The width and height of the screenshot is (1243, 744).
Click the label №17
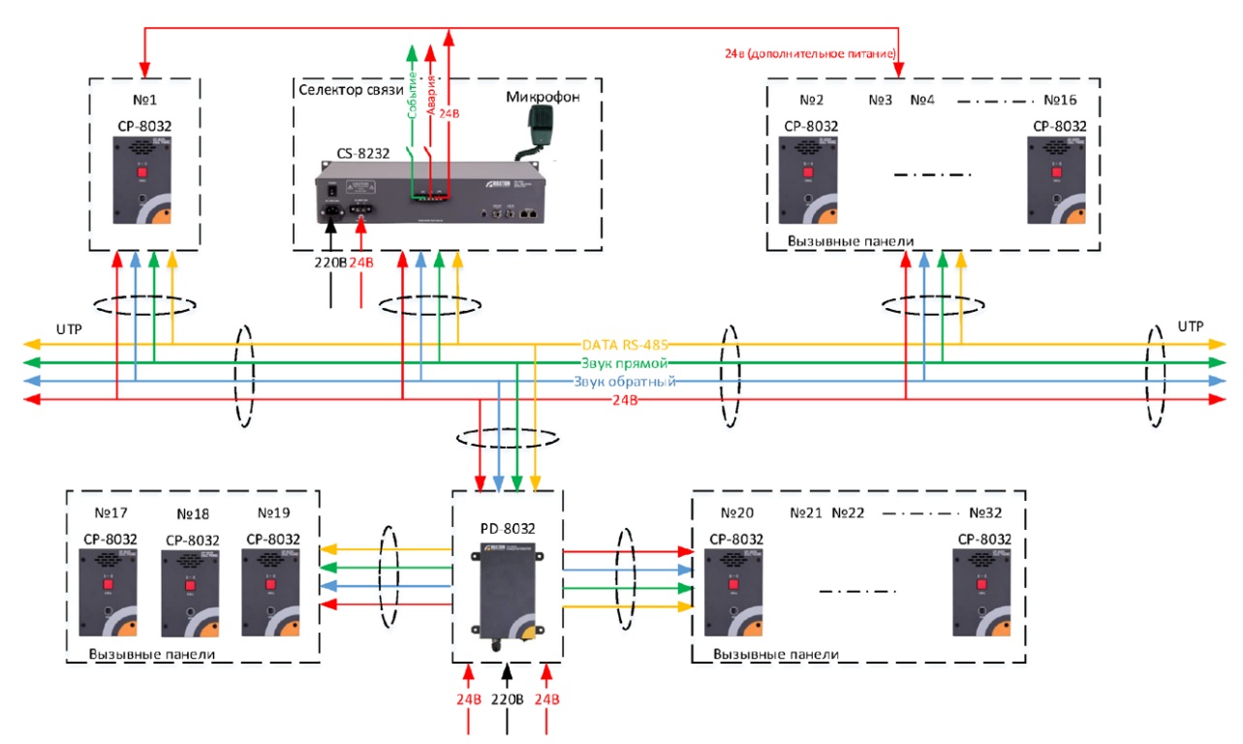[x=111, y=512]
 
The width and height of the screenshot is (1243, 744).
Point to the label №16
[x=1060, y=101]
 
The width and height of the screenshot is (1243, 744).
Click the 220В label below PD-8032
[x=508, y=699]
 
